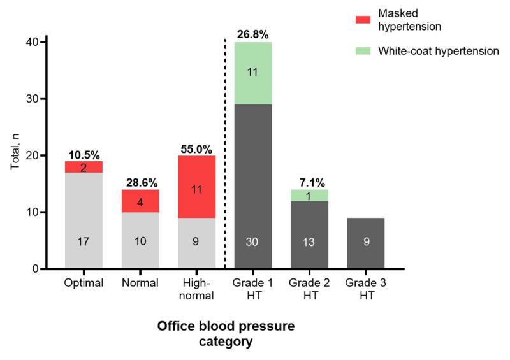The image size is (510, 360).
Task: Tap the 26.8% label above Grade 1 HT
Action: click(x=253, y=32)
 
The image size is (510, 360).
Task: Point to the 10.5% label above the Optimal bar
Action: click(x=84, y=153)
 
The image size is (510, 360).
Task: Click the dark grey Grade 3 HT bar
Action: click(x=365, y=243)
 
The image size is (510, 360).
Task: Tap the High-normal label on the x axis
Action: click(x=196, y=289)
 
